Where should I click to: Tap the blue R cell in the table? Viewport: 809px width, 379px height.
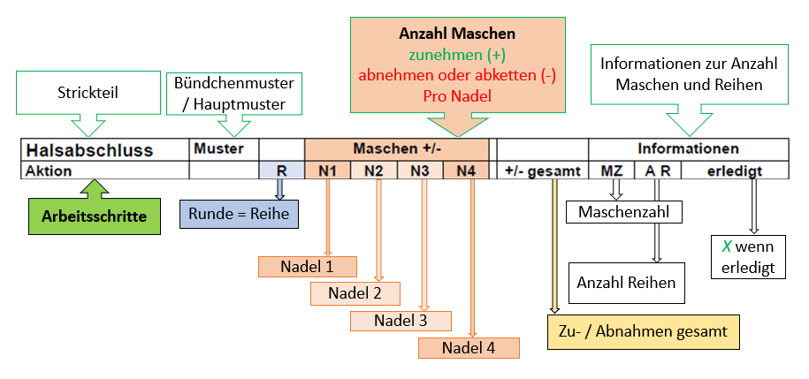(x=282, y=170)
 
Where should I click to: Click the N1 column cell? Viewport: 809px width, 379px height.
(x=328, y=170)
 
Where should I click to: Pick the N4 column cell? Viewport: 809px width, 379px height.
(x=466, y=170)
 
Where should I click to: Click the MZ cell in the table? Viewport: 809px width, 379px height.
(x=611, y=170)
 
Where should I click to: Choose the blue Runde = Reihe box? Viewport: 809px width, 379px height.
(x=238, y=213)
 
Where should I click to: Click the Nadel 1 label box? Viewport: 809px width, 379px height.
(x=307, y=266)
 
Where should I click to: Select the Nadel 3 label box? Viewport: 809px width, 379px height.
(x=401, y=320)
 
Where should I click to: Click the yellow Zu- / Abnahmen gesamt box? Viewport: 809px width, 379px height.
(x=643, y=332)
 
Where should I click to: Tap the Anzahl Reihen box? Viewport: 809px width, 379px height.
(x=626, y=283)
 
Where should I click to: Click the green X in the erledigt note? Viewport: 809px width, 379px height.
(x=725, y=248)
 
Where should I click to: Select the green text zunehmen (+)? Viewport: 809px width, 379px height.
(x=458, y=55)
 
